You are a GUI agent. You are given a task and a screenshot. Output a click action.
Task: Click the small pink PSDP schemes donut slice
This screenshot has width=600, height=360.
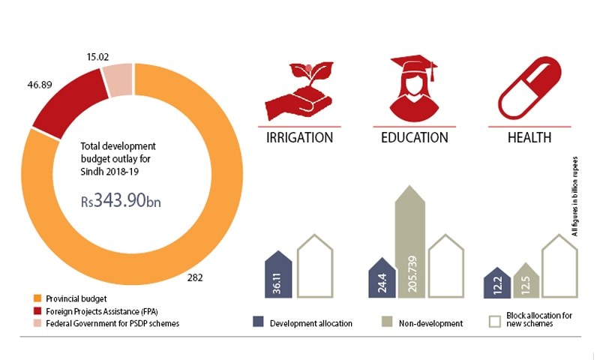click(118, 80)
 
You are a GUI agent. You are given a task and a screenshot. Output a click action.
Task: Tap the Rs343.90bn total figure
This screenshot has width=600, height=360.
click(121, 200)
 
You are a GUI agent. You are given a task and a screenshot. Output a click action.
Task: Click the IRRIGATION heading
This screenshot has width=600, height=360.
click(299, 137)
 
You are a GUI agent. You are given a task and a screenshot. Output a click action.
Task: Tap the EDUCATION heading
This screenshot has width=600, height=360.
click(414, 137)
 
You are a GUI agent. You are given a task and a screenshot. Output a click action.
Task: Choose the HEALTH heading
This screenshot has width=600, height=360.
click(529, 137)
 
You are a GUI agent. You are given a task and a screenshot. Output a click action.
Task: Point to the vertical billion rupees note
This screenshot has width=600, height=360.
click(576, 196)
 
